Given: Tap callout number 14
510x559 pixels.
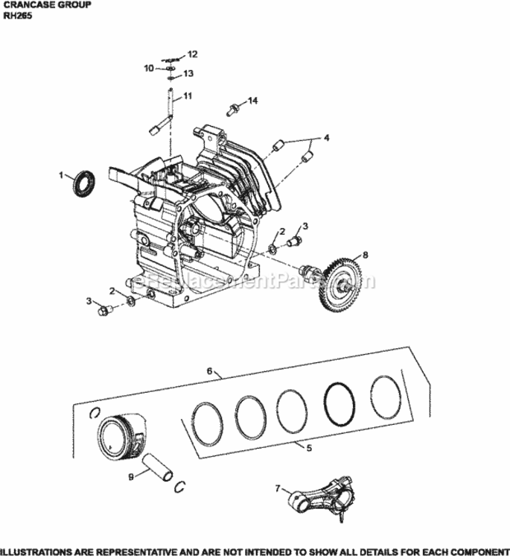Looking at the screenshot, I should (x=252, y=100).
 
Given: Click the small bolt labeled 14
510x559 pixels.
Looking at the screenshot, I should (x=232, y=110).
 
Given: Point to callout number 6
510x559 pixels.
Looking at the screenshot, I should (x=210, y=370).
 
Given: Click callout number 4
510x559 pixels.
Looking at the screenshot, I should (x=325, y=137).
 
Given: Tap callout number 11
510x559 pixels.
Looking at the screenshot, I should (x=188, y=95).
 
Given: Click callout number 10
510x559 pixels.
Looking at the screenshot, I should (x=148, y=68).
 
